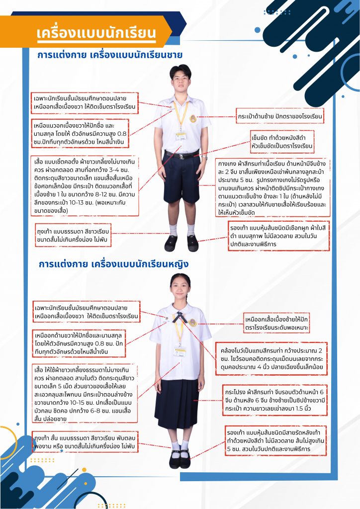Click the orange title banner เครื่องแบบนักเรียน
96,34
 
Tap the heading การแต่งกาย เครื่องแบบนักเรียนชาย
110,55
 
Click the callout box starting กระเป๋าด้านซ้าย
280,117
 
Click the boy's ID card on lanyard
181,135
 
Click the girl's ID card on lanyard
180,351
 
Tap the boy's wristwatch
204,158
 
